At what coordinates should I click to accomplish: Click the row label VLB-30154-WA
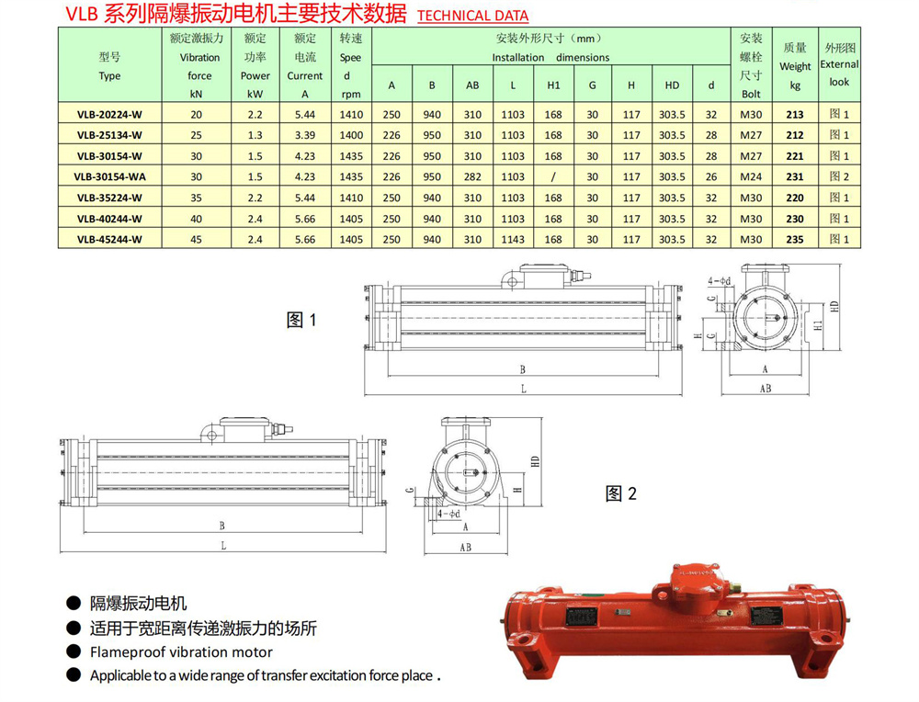click(109, 177)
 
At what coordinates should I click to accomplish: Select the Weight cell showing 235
click(795, 240)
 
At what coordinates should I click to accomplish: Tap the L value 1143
click(513, 240)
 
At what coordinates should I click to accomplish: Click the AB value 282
click(472, 177)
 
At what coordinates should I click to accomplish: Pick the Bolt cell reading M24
click(751, 177)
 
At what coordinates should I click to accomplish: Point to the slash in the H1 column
click(553, 177)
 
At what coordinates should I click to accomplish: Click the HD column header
click(672, 85)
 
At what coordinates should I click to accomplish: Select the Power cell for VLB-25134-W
click(255, 135)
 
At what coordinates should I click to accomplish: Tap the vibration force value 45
click(197, 240)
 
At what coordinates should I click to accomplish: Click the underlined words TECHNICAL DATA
click(473, 16)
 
